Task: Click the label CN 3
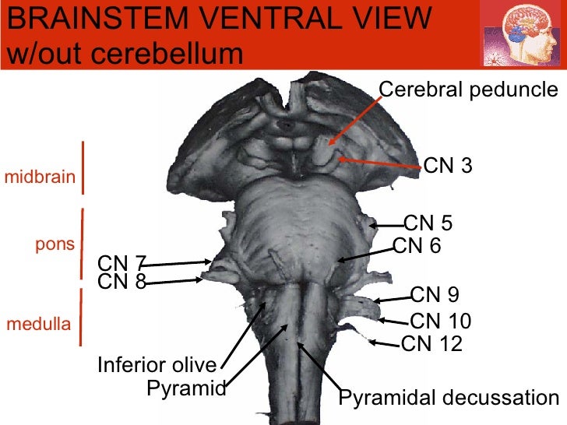pos(448,166)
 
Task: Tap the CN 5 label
pos(428,224)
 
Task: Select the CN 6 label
pos(417,246)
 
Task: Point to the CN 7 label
pos(121,264)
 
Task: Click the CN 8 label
pos(121,282)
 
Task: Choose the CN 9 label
pos(435,294)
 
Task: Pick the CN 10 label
pos(441,321)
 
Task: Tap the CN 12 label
pos(431,342)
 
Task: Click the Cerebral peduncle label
pos(469,90)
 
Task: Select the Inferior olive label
pos(157,364)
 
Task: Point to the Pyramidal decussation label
pos(449,399)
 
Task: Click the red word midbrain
pos(40,177)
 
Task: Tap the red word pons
pos(55,244)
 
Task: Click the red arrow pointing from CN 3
pos(382,163)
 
